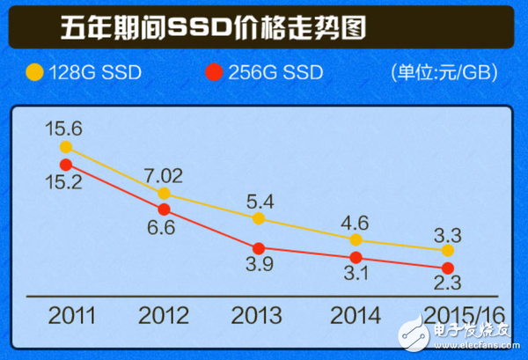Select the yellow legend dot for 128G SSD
click(34, 71)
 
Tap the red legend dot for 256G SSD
click(211, 71)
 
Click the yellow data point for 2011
click(67, 147)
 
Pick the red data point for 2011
click(67, 165)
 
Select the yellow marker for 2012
click(165, 193)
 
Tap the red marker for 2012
click(165, 209)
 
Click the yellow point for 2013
click(259, 217)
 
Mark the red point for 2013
click(259, 248)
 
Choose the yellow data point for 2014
click(356, 239)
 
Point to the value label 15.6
click(65, 128)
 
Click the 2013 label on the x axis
click(259, 314)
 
